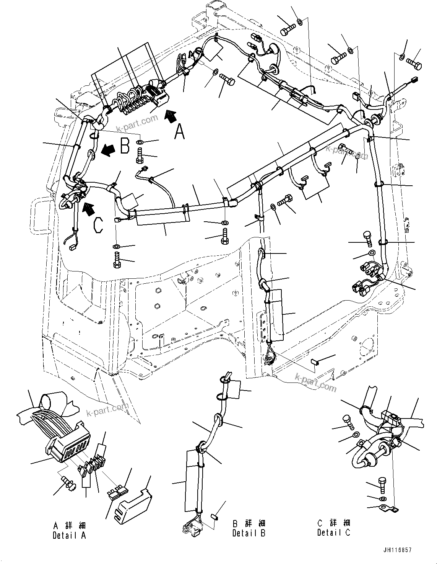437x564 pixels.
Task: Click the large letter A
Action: [x=180, y=132]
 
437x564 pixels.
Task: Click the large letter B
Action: [x=125, y=146]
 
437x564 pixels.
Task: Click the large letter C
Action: [x=98, y=225]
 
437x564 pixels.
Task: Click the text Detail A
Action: [x=69, y=535]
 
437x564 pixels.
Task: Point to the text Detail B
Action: [x=249, y=533]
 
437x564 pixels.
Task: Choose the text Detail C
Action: [x=333, y=533]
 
